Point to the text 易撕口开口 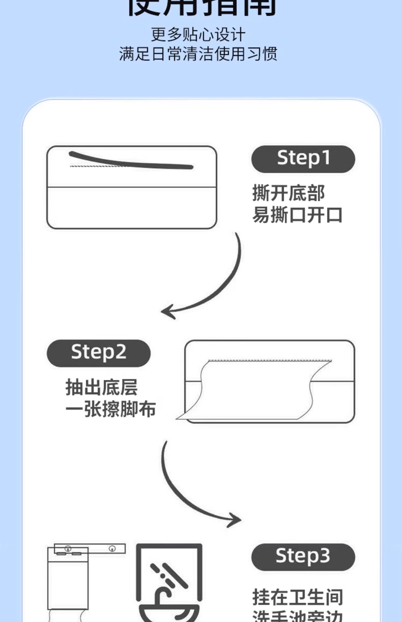click(x=297, y=215)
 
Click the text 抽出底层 click(x=101, y=387)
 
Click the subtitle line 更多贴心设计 click(x=198, y=35)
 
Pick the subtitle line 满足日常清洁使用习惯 click(x=198, y=54)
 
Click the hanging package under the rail click(x=68, y=582)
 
